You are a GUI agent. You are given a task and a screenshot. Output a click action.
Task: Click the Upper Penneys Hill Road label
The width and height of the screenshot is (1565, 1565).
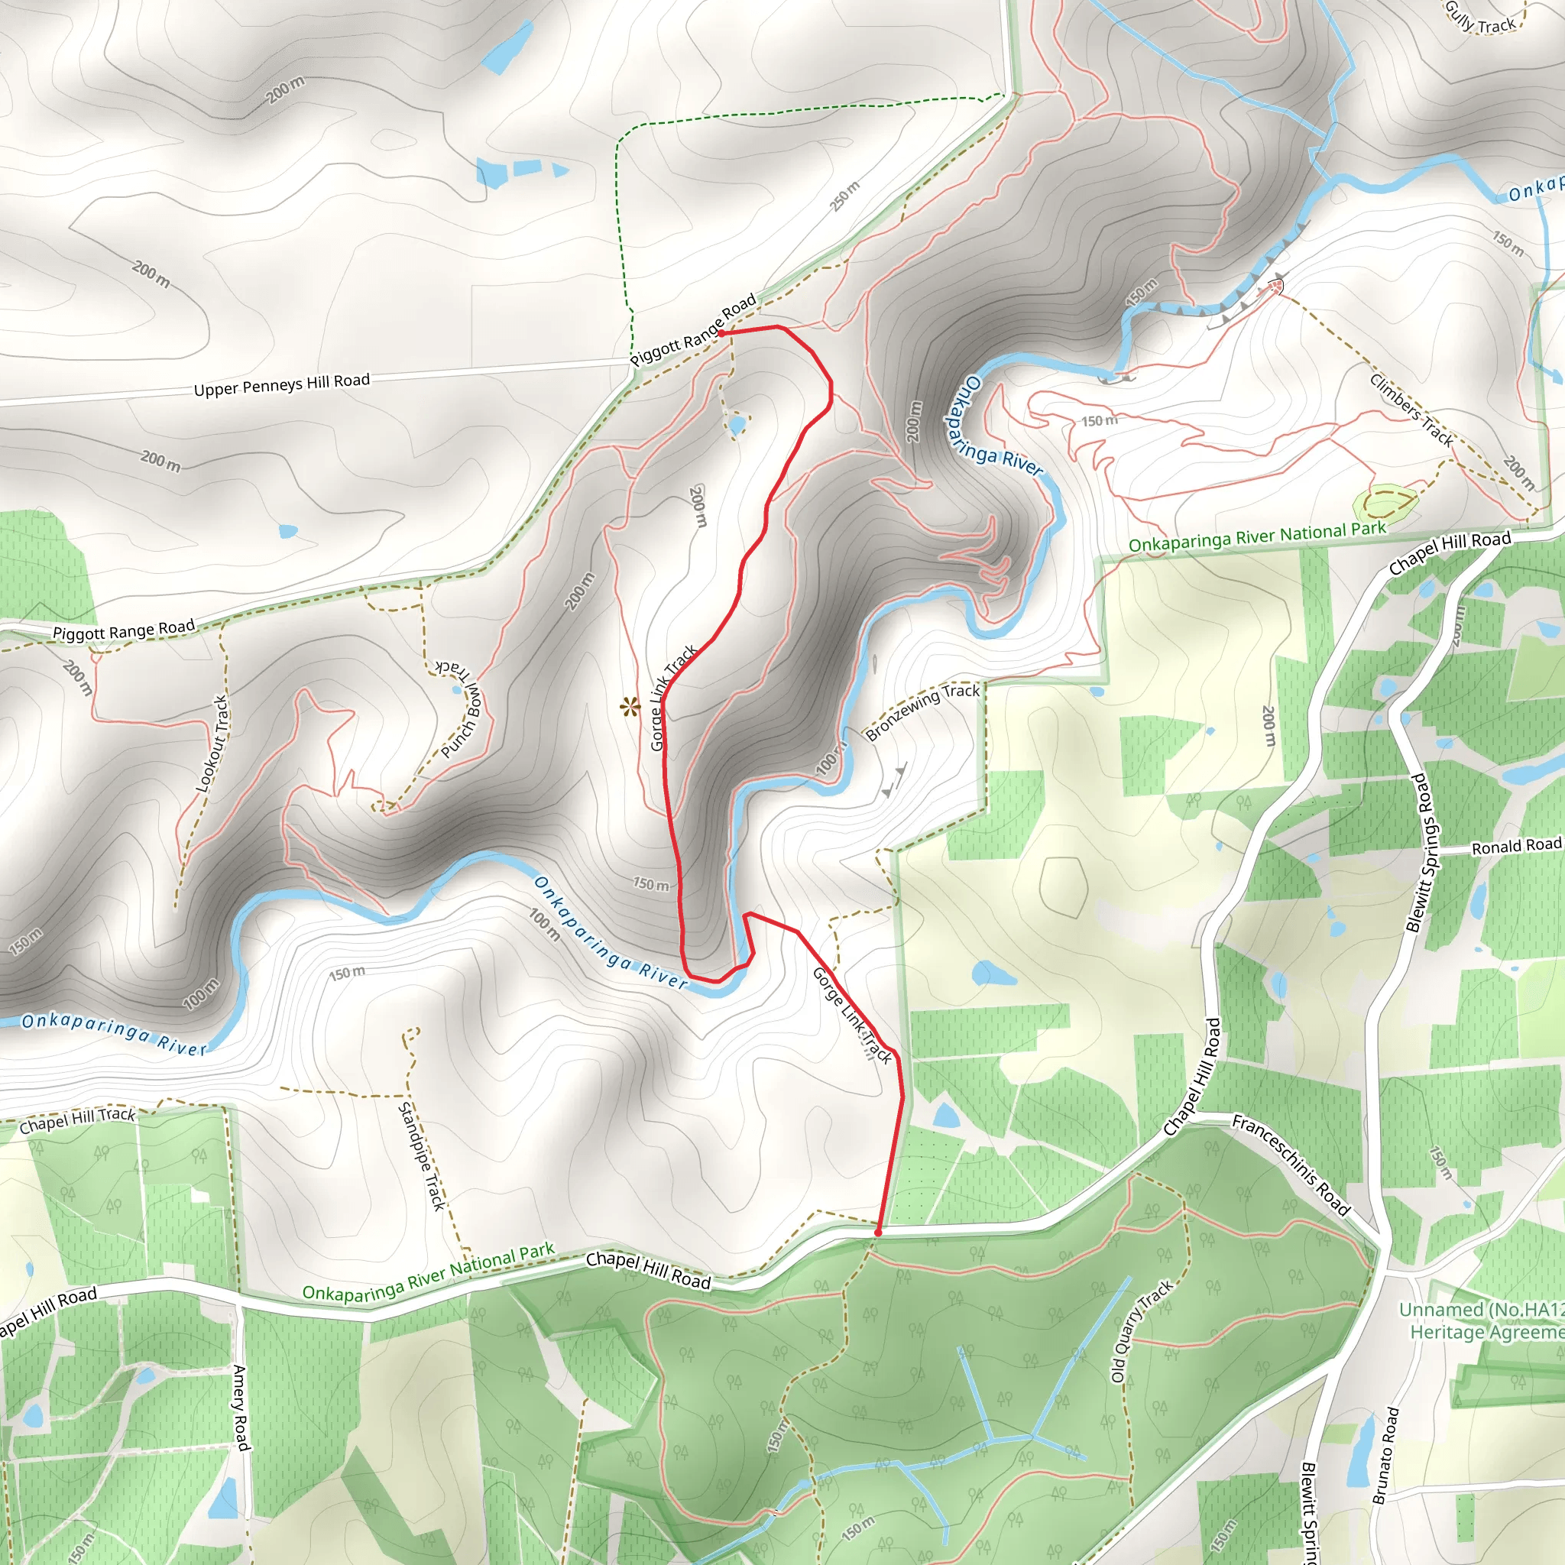click(281, 385)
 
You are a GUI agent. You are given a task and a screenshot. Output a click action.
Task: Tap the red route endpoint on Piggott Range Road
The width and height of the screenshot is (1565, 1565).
click(721, 333)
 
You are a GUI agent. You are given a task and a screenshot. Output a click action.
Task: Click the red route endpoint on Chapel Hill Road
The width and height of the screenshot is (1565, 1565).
click(877, 1232)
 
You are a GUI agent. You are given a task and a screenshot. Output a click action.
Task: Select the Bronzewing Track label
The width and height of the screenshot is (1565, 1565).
click(922, 712)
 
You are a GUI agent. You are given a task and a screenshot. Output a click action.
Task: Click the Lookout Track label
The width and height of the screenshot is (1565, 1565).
click(212, 744)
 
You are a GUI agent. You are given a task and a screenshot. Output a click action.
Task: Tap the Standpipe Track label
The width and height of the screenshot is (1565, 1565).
click(421, 1156)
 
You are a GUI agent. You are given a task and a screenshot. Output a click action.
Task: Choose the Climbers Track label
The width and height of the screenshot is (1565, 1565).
click(1411, 409)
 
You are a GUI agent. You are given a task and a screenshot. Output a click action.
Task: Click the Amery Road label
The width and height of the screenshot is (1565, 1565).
click(240, 1407)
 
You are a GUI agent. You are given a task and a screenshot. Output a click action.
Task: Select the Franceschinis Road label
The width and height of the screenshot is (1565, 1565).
click(1291, 1165)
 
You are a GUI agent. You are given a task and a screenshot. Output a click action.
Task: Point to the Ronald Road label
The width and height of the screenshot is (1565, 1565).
click(1515, 847)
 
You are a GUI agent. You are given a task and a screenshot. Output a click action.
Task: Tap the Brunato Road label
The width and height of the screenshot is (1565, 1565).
click(1385, 1456)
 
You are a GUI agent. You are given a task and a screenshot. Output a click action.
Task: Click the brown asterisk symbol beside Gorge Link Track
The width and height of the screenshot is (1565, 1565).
click(629, 708)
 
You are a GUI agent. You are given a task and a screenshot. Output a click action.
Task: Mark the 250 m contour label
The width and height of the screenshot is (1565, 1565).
click(845, 196)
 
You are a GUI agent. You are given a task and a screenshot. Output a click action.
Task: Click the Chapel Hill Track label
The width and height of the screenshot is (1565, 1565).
click(77, 1120)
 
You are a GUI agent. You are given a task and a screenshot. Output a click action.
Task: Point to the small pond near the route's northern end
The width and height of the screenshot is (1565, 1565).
click(737, 426)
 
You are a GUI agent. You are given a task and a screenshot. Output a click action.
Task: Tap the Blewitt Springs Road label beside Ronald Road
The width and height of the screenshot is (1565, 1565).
click(1425, 852)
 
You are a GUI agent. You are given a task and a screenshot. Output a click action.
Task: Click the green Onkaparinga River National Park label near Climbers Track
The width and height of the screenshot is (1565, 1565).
click(1257, 537)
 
